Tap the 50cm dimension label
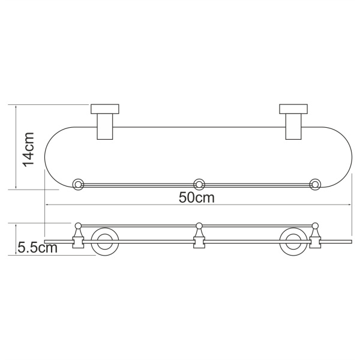pos(196,197)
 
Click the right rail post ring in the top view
pos(314,184)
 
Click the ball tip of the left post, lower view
pos(78,226)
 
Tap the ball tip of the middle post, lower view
pos(199,226)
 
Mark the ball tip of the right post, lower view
pos(314,226)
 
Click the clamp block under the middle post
pos(199,243)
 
